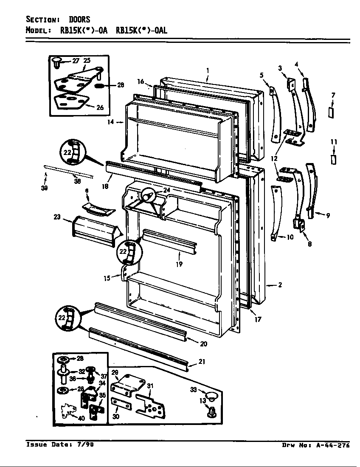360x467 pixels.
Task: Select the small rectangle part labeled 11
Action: pos(334,159)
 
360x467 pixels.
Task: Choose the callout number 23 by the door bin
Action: pos(57,217)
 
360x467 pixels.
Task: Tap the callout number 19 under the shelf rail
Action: pos(179,264)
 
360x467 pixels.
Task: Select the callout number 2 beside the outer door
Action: pos(280,285)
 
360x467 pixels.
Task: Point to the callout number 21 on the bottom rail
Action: pos(202,362)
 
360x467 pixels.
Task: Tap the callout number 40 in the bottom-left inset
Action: pos(81,418)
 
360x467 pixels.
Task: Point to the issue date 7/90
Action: pos(86,445)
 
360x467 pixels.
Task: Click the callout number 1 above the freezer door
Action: pos(208,70)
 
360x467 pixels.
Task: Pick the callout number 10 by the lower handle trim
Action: pos(290,237)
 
